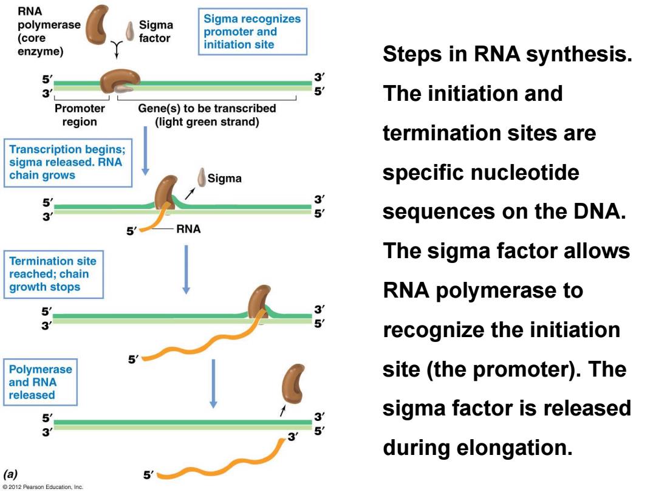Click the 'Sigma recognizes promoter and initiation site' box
point(252,32)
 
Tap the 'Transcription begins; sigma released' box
point(68,162)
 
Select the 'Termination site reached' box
point(53,275)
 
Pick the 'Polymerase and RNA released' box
point(41,382)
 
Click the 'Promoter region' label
point(80,115)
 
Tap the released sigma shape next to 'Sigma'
point(202,177)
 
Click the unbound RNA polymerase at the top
point(97,24)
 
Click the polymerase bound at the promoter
point(120,81)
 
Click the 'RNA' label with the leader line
point(188,229)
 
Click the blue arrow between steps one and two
point(145,151)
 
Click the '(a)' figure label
point(10,474)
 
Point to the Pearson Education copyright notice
point(43,487)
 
